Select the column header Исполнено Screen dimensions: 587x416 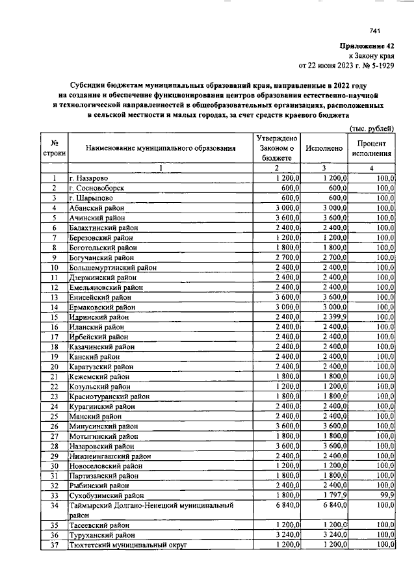[324, 148]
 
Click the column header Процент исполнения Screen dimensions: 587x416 [372, 148]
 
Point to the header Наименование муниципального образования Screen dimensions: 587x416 [161, 148]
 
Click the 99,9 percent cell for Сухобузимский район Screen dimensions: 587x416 [385, 495]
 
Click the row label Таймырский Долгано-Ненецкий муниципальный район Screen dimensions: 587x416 [151, 510]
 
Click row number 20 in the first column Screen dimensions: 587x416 [55, 367]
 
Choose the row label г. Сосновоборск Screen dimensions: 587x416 [96, 188]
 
